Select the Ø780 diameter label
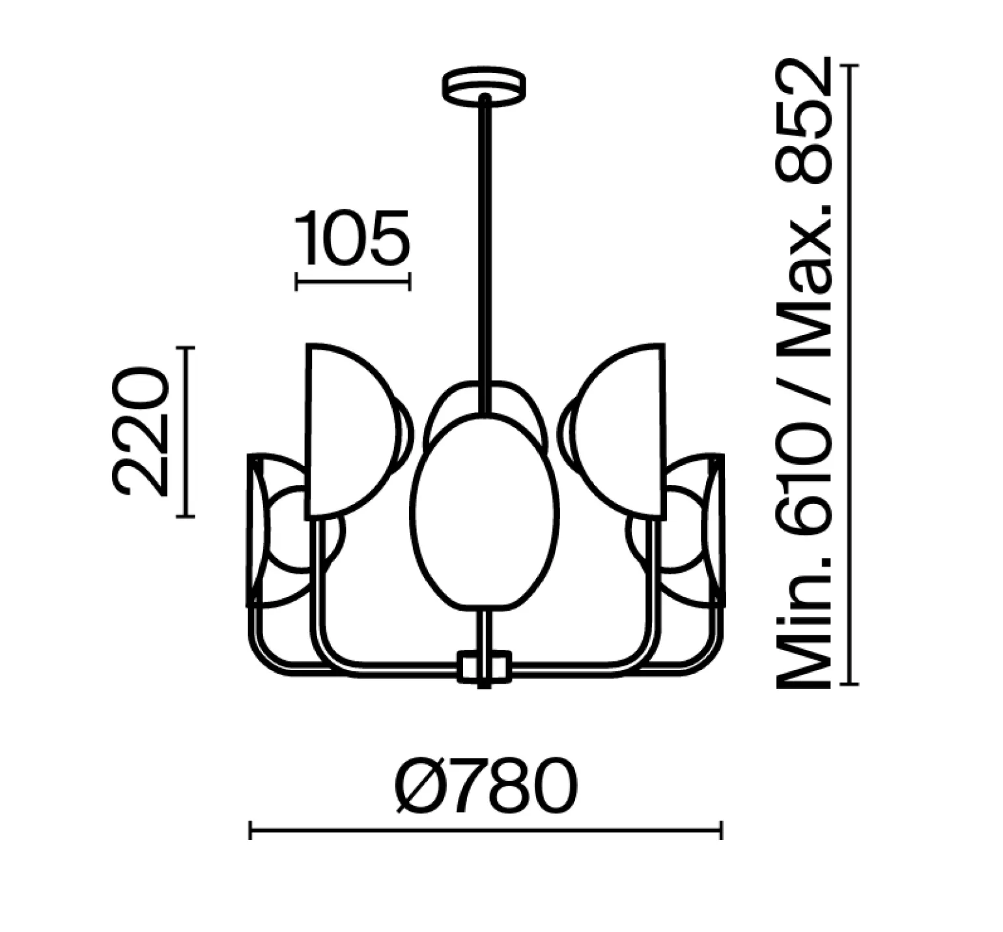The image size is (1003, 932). [x=487, y=785]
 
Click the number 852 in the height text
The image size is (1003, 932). [x=804, y=122]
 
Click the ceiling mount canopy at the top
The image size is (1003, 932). [x=484, y=85]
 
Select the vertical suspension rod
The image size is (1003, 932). [x=485, y=254]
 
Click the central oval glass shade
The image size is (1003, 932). [x=485, y=512]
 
